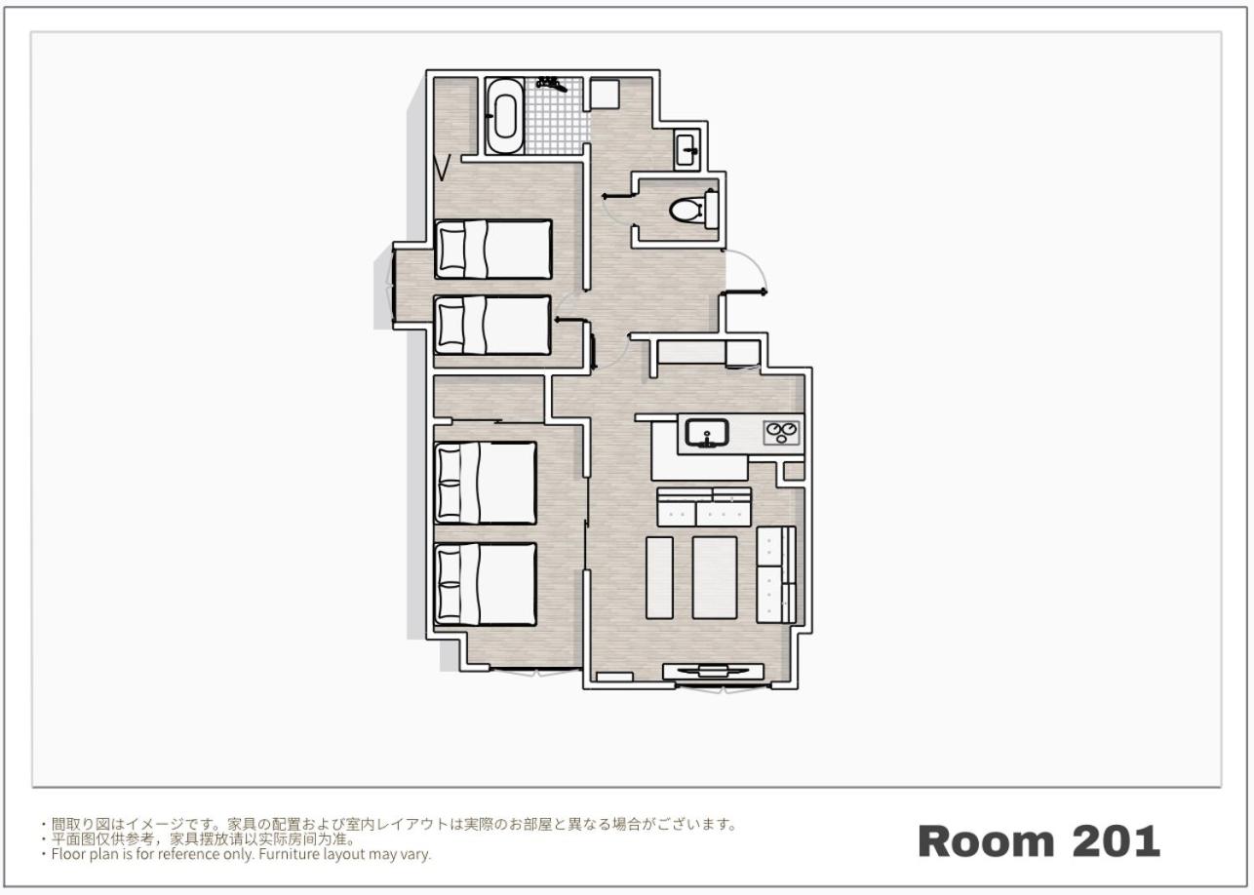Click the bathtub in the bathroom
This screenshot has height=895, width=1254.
click(x=505, y=116)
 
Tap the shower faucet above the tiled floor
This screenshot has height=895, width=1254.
click(x=551, y=84)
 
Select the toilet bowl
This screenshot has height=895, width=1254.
click(x=686, y=211)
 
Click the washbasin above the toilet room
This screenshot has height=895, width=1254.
click(x=686, y=149)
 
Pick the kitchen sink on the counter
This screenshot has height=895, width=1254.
click(x=707, y=433)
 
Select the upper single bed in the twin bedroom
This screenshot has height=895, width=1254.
click(x=493, y=249)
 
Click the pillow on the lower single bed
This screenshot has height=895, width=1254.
click(x=451, y=326)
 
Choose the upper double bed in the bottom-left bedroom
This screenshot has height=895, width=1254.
click(x=486, y=483)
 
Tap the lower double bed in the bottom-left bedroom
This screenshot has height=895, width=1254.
click(x=486, y=584)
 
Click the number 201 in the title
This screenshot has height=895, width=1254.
click(x=1116, y=841)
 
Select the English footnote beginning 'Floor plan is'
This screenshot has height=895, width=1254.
click(x=241, y=854)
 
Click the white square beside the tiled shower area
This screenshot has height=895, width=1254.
click(x=606, y=94)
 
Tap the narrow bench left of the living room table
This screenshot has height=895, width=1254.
click(x=659, y=577)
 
